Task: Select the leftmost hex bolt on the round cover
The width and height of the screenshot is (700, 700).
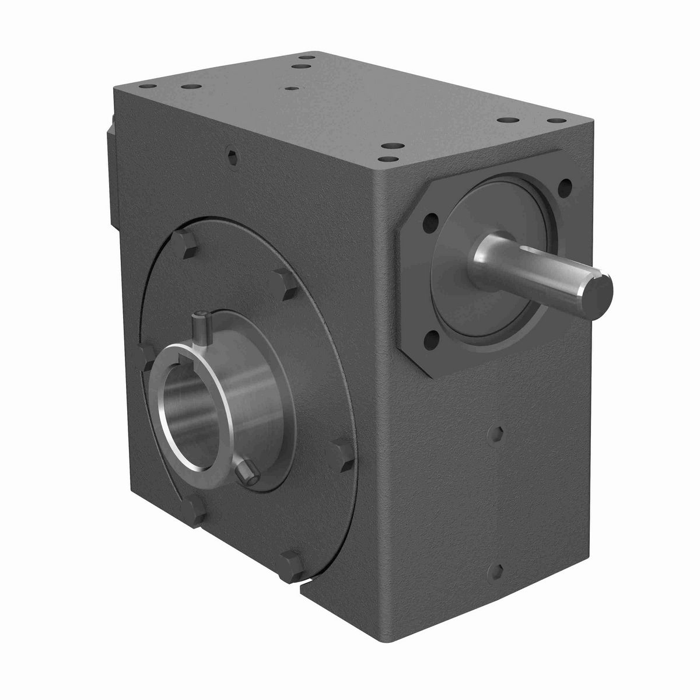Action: click(x=145, y=354)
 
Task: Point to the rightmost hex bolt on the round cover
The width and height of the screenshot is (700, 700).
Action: click(x=341, y=449)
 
